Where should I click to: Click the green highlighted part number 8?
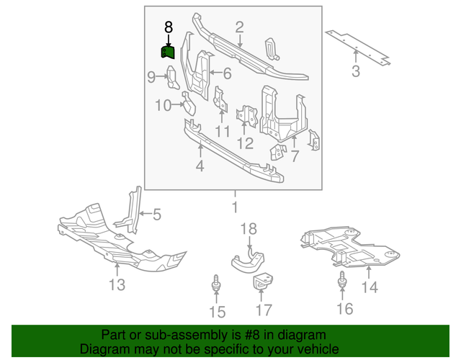point(167,53)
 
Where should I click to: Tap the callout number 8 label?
point(168,27)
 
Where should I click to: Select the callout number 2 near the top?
point(238,27)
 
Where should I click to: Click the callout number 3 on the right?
point(355,71)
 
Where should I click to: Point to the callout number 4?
point(200,167)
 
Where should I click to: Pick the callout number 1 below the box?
point(233,207)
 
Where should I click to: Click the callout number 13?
point(117,285)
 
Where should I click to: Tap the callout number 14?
point(369,288)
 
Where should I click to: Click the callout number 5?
point(156,213)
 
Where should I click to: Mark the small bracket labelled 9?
point(173,76)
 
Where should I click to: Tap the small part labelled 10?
point(189,106)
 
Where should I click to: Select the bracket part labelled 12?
point(248,115)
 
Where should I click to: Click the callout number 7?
point(294,156)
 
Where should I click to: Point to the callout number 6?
point(226,73)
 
